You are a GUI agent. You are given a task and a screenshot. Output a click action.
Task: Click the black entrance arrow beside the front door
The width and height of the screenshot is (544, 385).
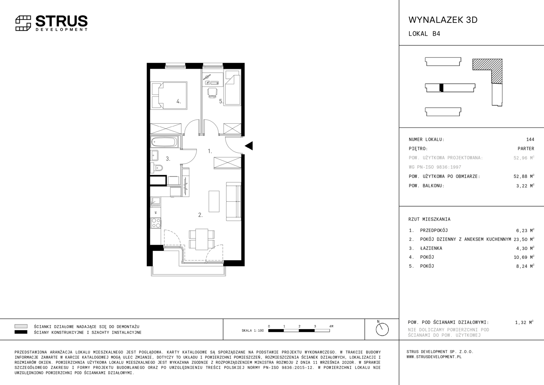(x=249, y=146)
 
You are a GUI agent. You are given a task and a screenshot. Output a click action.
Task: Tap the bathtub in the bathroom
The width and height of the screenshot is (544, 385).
(x=164, y=142)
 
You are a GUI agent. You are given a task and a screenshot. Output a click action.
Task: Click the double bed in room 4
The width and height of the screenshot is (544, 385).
(x=173, y=96)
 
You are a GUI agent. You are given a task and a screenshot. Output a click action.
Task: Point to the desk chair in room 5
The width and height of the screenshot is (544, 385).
(x=212, y=93)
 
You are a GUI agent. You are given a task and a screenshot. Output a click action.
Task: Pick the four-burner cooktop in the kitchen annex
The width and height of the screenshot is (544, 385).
(x=156, y=223)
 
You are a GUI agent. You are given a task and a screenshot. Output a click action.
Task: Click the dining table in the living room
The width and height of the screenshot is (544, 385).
(x=202, y=239)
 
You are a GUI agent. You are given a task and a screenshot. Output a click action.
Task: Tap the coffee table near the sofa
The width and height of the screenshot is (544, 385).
(x=214, y=201)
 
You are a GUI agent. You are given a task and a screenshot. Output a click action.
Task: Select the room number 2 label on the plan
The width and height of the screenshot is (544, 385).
(x=200, y=215)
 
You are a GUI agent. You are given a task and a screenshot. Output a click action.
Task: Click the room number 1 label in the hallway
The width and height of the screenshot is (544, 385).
(x=210, y=151)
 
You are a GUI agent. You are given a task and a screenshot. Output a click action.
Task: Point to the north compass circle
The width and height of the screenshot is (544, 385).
(x=382, y=329)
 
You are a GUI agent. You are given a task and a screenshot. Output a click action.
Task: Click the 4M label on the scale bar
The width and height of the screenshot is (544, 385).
(x=331, y=326)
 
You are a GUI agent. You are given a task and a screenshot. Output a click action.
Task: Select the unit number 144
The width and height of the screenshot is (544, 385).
(x=530, y=139)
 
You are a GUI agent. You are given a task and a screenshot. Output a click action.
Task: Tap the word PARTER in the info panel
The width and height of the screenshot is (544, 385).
(x=526, y=149)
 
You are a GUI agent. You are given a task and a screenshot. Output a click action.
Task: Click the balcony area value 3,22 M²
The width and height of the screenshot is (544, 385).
(x=525, y=186)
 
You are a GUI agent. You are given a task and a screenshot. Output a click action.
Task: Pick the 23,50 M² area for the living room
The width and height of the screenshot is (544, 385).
(x=524, y=239)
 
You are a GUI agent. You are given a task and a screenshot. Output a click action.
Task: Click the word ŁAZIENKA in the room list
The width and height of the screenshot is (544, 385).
(x=431, y=248)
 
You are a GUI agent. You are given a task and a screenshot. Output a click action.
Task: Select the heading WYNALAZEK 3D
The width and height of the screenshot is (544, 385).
(x=443, y=20)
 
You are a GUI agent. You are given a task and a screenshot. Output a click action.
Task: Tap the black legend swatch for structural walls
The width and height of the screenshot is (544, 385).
(x=21, y=332)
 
